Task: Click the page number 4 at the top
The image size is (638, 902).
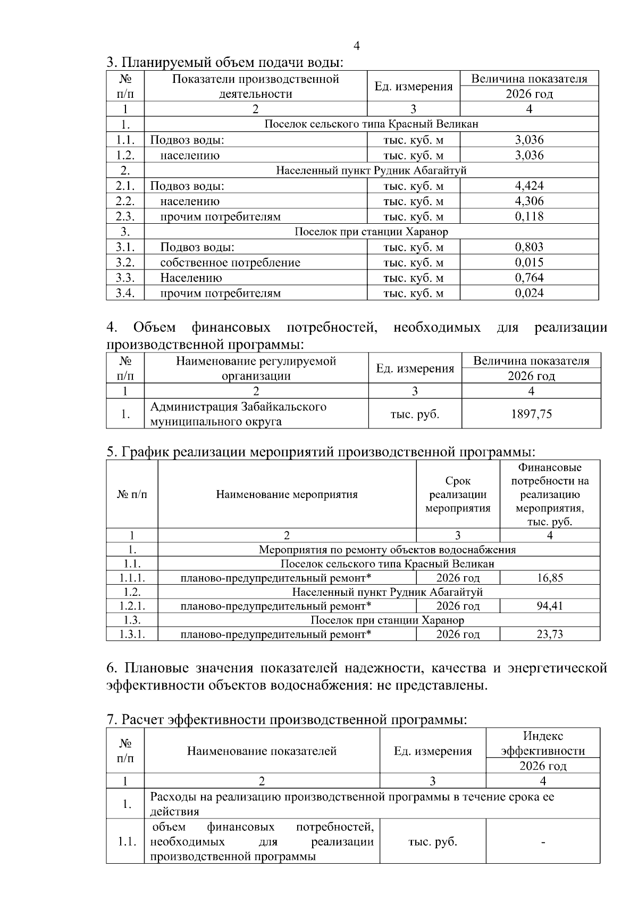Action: pyautogui.click(x=356, y=46)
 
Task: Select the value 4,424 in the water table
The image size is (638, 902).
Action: pyautogui.click(x=529, y=186)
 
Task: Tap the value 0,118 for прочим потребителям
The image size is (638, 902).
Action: pyautogui.click(x=529, y=216)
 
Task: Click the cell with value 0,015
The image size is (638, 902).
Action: pyautogui.click(x=529, y=263)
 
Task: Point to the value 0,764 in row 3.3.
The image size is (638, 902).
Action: pyautogui.click(x=529, y=277)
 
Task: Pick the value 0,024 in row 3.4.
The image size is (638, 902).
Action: pyautogui.click(x=529, y=293)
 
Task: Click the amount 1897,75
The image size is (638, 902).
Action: pyautogui.click(x=531, y=414)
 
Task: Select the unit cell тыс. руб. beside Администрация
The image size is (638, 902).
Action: pyautogui.click(x=415, y=414)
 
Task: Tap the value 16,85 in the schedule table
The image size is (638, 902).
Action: pyautogui.click(x=550, y=578)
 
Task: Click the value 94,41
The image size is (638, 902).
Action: pyautogui.click(x=550, y=606)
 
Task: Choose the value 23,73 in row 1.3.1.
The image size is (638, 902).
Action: pyautogui.click(x=550, y=634)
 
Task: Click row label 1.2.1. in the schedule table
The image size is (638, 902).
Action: pyautogui.click(x=132, y=606)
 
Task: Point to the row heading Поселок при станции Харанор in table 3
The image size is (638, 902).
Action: pyautogui.click(x=371, y=232)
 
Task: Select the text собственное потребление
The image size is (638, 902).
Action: pyautogui.click(x=230, y=263)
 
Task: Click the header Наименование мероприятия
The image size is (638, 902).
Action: pyautogui.click(x=287, y=494)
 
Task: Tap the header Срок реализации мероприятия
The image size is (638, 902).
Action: pyautogui.click(x=458, y=494)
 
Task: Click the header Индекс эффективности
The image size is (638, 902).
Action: pyautogui.click(x=543, y=743)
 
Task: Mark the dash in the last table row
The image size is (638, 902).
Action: pyautogui.click(x=543, y=842)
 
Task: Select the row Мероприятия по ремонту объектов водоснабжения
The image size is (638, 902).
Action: pyautogui.click(x=387, y=550)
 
